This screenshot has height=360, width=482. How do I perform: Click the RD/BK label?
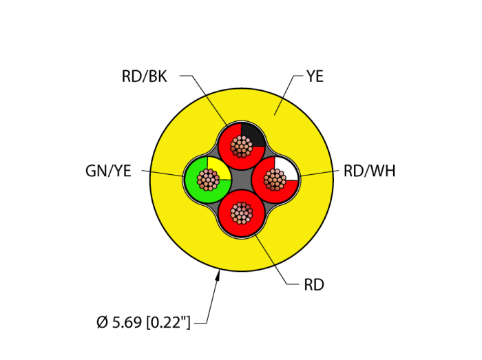coord(144,76)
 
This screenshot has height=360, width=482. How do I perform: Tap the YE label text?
coord(315,76)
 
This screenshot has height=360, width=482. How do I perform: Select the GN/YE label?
coord(108,171)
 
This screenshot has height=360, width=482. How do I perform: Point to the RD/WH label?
coord(369,171)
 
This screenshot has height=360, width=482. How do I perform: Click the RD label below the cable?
coord(313,284)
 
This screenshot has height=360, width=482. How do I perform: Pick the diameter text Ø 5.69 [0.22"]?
coord(143,321)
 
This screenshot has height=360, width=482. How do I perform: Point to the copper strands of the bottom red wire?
coord(241,213)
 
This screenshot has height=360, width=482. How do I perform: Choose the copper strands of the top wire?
coord(241,146)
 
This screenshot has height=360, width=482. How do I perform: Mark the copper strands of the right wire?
coord(275,180)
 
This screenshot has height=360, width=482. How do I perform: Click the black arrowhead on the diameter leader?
coord(218,277)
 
